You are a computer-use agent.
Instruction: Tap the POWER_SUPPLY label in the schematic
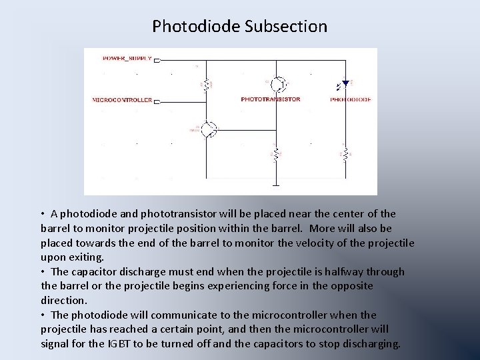[x=127, y=59]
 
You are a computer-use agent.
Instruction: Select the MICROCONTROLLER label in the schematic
[x=122, y=100]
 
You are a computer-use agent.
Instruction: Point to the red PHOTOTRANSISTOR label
[x=270, y=99]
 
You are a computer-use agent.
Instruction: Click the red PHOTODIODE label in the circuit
[x=351, y=99]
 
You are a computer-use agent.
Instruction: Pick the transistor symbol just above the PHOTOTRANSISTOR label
[x=279, y=84]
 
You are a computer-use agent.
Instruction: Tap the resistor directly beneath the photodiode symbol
[x=344, y=154]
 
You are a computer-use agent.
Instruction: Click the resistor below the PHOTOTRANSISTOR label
[x=275, y=154]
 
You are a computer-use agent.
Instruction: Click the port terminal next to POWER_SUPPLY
[x=156, y=59]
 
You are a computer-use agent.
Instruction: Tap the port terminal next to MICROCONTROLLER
[x=156, y=101]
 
